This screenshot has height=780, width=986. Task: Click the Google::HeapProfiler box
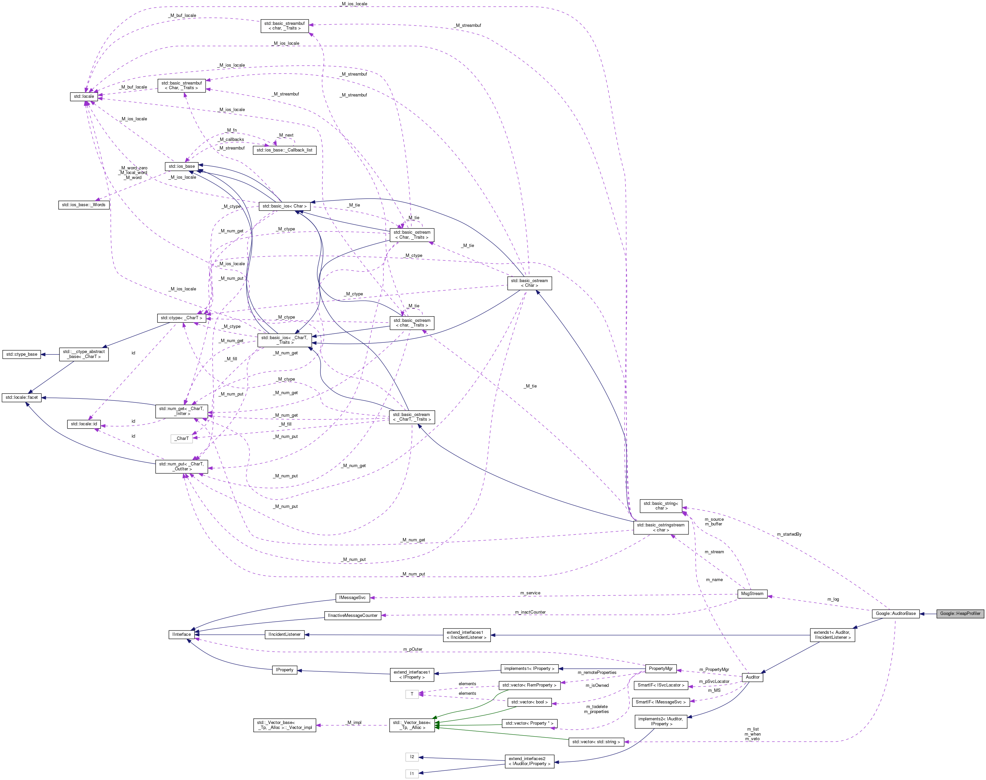[x=960, y=613]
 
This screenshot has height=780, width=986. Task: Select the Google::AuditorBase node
[x=895, y=613]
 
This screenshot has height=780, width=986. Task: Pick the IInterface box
[x=181, y=634]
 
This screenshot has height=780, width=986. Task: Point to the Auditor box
[x=753, y=677]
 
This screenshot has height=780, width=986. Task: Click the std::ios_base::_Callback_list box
[x=284, y=150]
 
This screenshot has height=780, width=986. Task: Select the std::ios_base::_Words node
[x=84, y=205]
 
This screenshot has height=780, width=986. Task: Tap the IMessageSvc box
[x=352, y=597]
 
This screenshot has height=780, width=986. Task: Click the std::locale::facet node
[x=22, y=397]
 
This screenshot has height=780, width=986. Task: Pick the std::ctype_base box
[x=22, y=354]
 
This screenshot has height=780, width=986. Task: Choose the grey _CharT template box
[x=181, y=439]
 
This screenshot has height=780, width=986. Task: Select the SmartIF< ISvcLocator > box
[x=661, y=685]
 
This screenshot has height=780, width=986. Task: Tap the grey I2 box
[x=412, y=757]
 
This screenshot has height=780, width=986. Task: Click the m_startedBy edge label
[x=789, y=534]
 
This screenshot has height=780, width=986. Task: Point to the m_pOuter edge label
[x=413, y=649]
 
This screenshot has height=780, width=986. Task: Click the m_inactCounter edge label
[x=530, y=612]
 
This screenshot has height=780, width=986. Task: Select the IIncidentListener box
[x=284, y=634]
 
